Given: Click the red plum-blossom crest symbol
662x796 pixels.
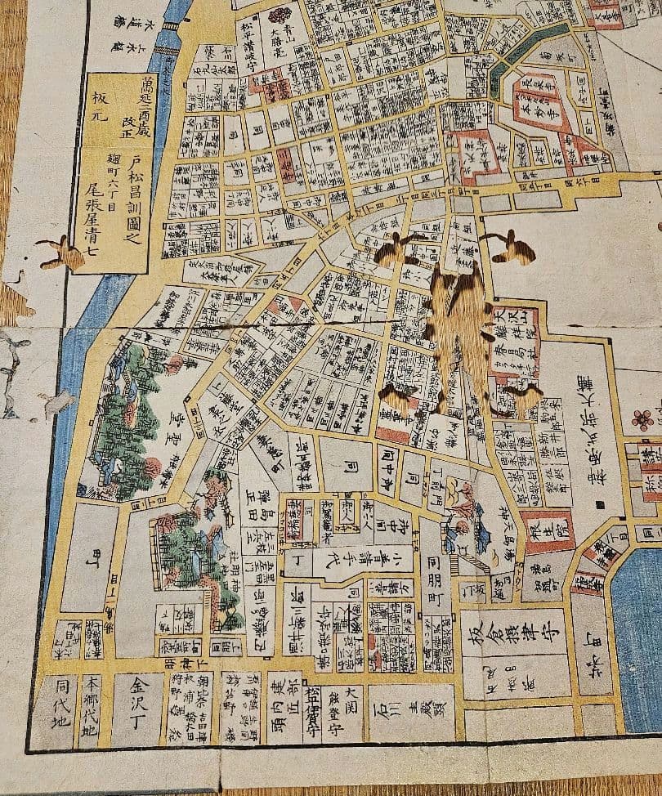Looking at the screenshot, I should click(x=643, y=420).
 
